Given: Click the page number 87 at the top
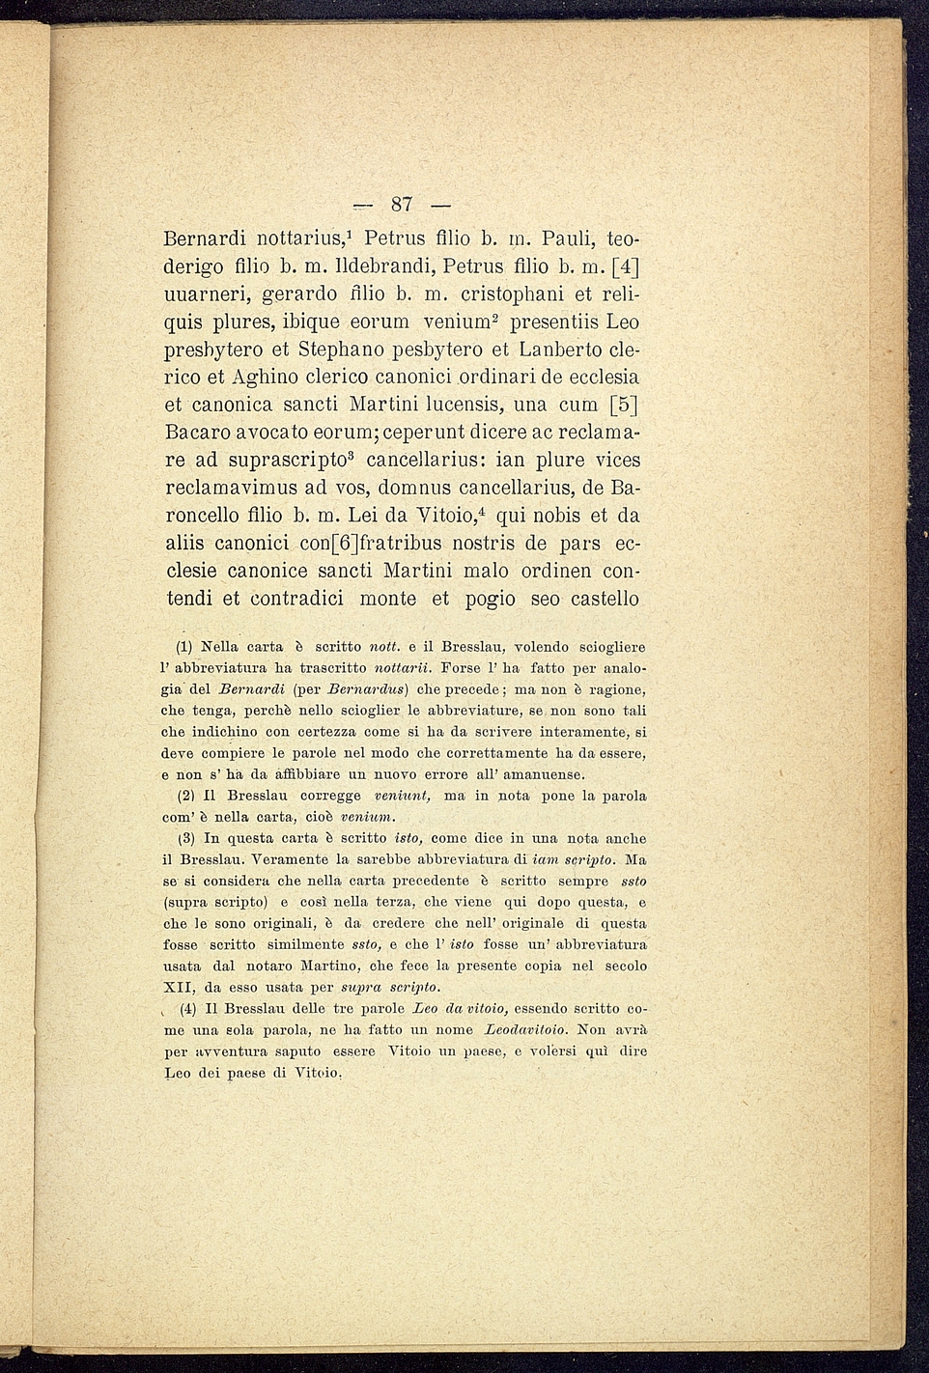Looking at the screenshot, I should pyautogui.click(x=402, y=204).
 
